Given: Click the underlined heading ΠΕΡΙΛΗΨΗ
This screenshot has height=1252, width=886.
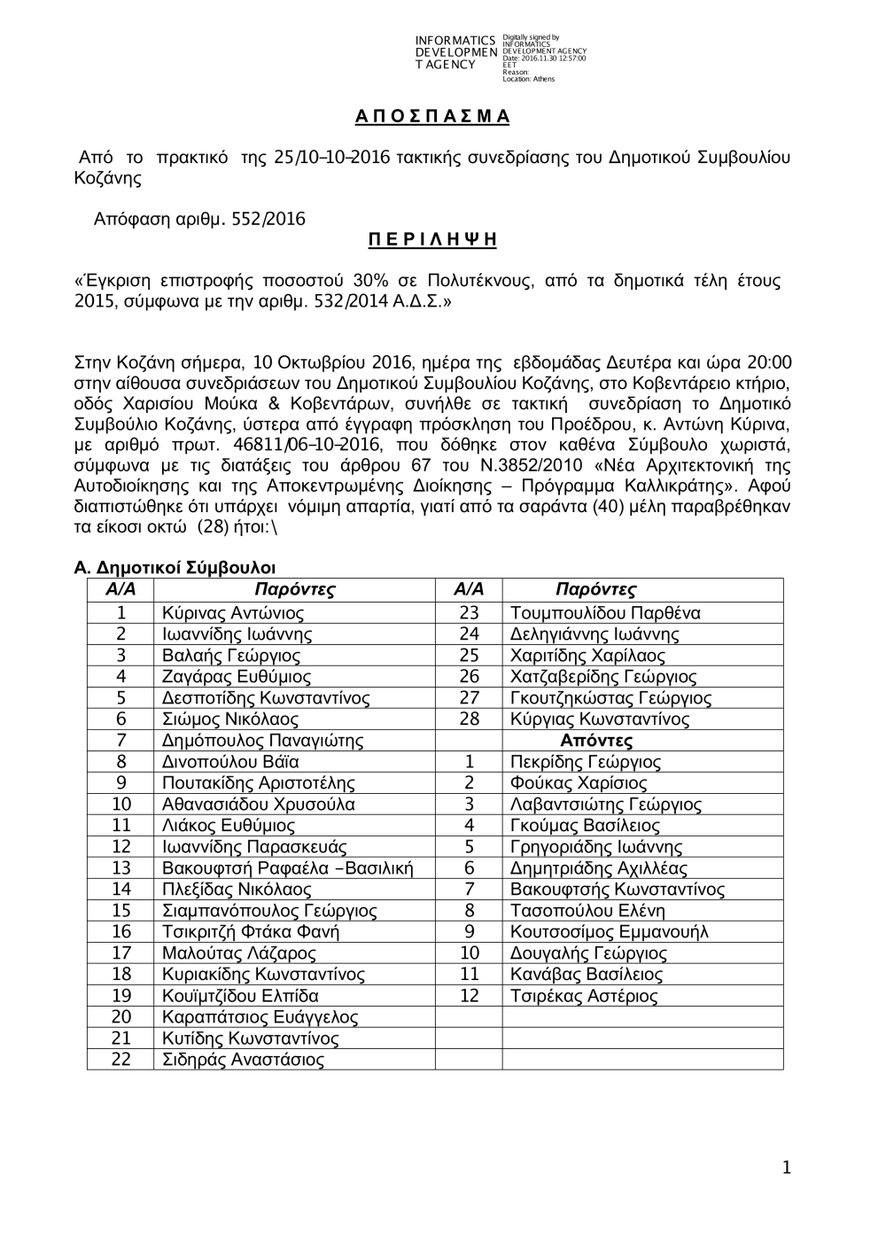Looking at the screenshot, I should tap(432, 240).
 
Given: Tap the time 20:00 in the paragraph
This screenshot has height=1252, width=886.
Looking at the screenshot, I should tap(770, 363).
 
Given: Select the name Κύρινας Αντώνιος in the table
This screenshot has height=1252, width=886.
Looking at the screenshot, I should tap(233, 613).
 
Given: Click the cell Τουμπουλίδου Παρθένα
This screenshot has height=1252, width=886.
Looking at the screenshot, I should tap(605, 613).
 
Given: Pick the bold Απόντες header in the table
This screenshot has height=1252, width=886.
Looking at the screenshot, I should tap(596, 741).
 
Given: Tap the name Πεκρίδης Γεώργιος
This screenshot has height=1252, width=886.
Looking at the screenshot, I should tap(586, 762).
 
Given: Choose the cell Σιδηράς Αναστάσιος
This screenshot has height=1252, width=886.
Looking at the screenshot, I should tap(243, 1060).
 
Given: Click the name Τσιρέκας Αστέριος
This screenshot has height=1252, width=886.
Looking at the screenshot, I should tap(584, 996).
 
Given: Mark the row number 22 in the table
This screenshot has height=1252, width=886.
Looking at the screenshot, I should tap(120, 1060).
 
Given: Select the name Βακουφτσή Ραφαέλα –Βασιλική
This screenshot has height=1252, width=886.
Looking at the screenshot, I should tap(287, 868).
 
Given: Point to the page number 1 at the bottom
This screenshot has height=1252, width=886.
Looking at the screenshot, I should tap(786, 1169).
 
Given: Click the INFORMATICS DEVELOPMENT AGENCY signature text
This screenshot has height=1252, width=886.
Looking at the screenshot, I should tap(455, 52).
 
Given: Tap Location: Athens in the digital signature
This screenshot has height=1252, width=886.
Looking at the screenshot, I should tap(529, 80).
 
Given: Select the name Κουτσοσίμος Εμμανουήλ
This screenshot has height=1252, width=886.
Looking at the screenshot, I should tap(610, 932).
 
